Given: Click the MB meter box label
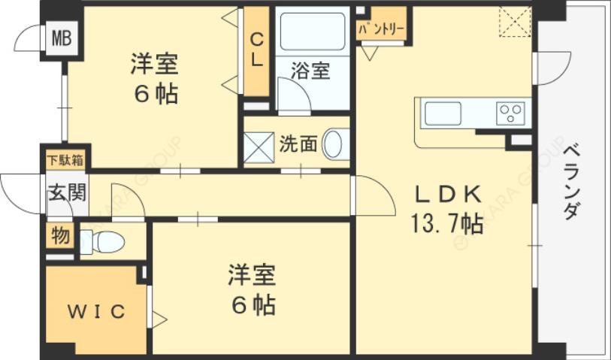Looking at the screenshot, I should click(62, 37).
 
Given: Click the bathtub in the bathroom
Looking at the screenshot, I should click(312, 32).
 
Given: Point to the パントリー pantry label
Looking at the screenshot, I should click(381, 31).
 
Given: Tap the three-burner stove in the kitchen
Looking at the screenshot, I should click(510, 113).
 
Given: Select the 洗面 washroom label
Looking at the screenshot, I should click(298, 144).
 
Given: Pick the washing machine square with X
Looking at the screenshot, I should click(258, 146).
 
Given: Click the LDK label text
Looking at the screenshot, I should click(449, 194).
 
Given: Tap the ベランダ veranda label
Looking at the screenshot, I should click(570, 180).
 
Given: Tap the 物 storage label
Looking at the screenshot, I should click(59, 236).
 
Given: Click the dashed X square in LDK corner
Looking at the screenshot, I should click(515, 23).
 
